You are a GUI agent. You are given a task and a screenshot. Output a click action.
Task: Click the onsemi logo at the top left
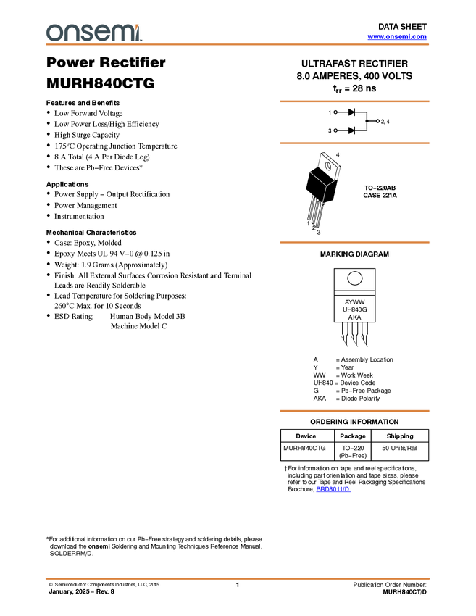[93, 33]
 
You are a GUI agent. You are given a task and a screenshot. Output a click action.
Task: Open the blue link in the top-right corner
[397, 36]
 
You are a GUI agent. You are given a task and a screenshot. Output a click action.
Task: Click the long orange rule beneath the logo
[238, 45]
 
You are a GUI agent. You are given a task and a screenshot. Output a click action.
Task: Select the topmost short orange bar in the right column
[354, 101]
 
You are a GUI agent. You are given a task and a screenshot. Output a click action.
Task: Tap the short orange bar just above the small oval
[354, 143]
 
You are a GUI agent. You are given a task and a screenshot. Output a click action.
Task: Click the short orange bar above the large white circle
[354, 243]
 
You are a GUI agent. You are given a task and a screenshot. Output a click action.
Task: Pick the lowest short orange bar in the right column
[354, 411]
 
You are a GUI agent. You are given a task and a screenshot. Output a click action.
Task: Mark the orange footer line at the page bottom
[238, 579]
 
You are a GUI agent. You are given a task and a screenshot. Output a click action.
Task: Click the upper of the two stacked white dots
[335, 112]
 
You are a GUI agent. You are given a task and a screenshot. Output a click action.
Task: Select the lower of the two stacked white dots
[335, 130]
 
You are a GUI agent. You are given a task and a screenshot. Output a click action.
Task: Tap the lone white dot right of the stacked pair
[377, 121]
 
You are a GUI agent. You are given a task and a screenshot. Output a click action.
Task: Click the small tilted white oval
[328, 166]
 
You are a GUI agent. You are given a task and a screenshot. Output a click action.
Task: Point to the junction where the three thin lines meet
[326, 186]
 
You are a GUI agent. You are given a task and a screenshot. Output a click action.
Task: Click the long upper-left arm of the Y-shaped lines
[317, 178]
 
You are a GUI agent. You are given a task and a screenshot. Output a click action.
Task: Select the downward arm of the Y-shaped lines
[324, 196]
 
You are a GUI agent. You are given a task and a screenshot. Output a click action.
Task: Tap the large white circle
[355, 278]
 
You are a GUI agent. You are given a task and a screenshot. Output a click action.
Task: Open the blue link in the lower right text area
[333, 489]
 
